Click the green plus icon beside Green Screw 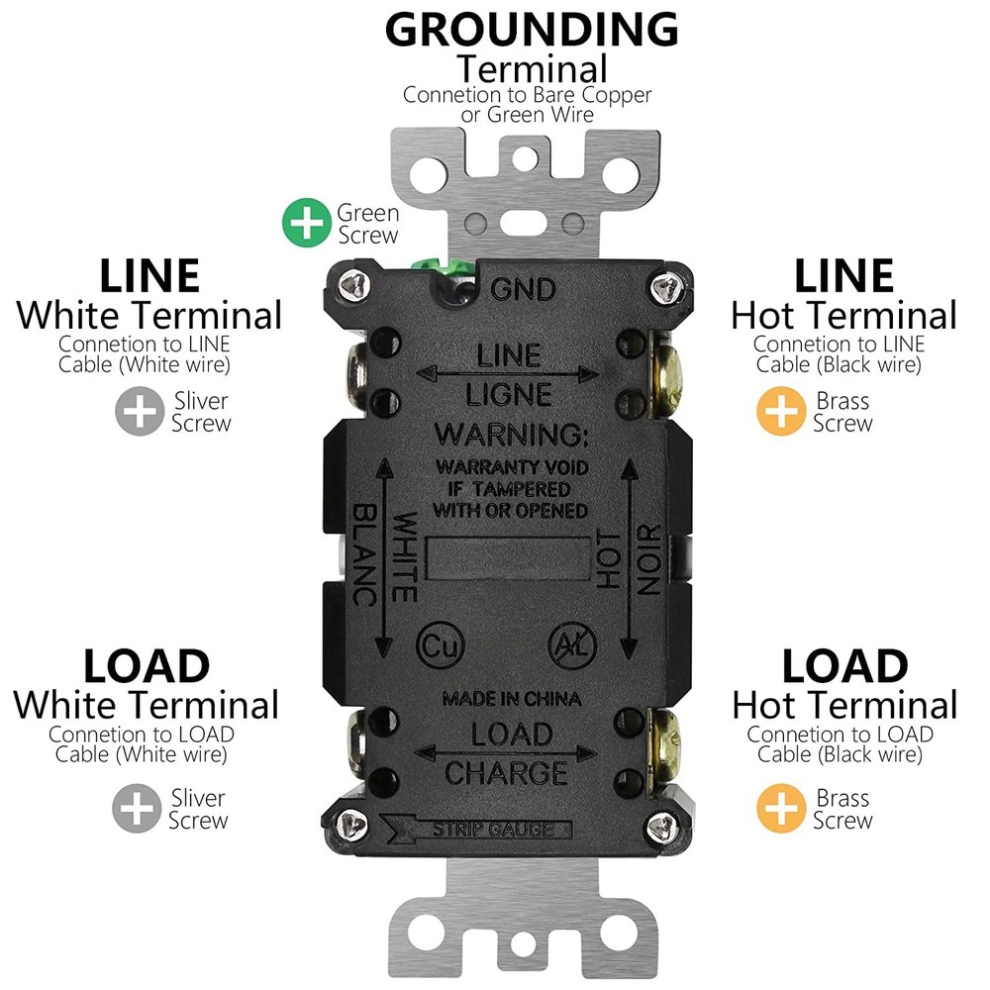click(x=307, y=223)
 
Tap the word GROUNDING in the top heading click(x=532, y=30)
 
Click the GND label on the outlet click(x=523, y=290)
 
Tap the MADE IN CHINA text click(x=511, y=699)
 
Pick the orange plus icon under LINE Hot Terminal click(x=781, y=412)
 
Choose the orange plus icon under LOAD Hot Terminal click(x=781, y=809)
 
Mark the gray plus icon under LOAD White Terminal click(x=136, y=808)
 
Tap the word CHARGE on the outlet click(x=506, y=771)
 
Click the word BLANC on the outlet click(x=363, y=554)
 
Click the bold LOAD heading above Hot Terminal click(x=844, y=666)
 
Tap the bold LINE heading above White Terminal click(x=149, y=274)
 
